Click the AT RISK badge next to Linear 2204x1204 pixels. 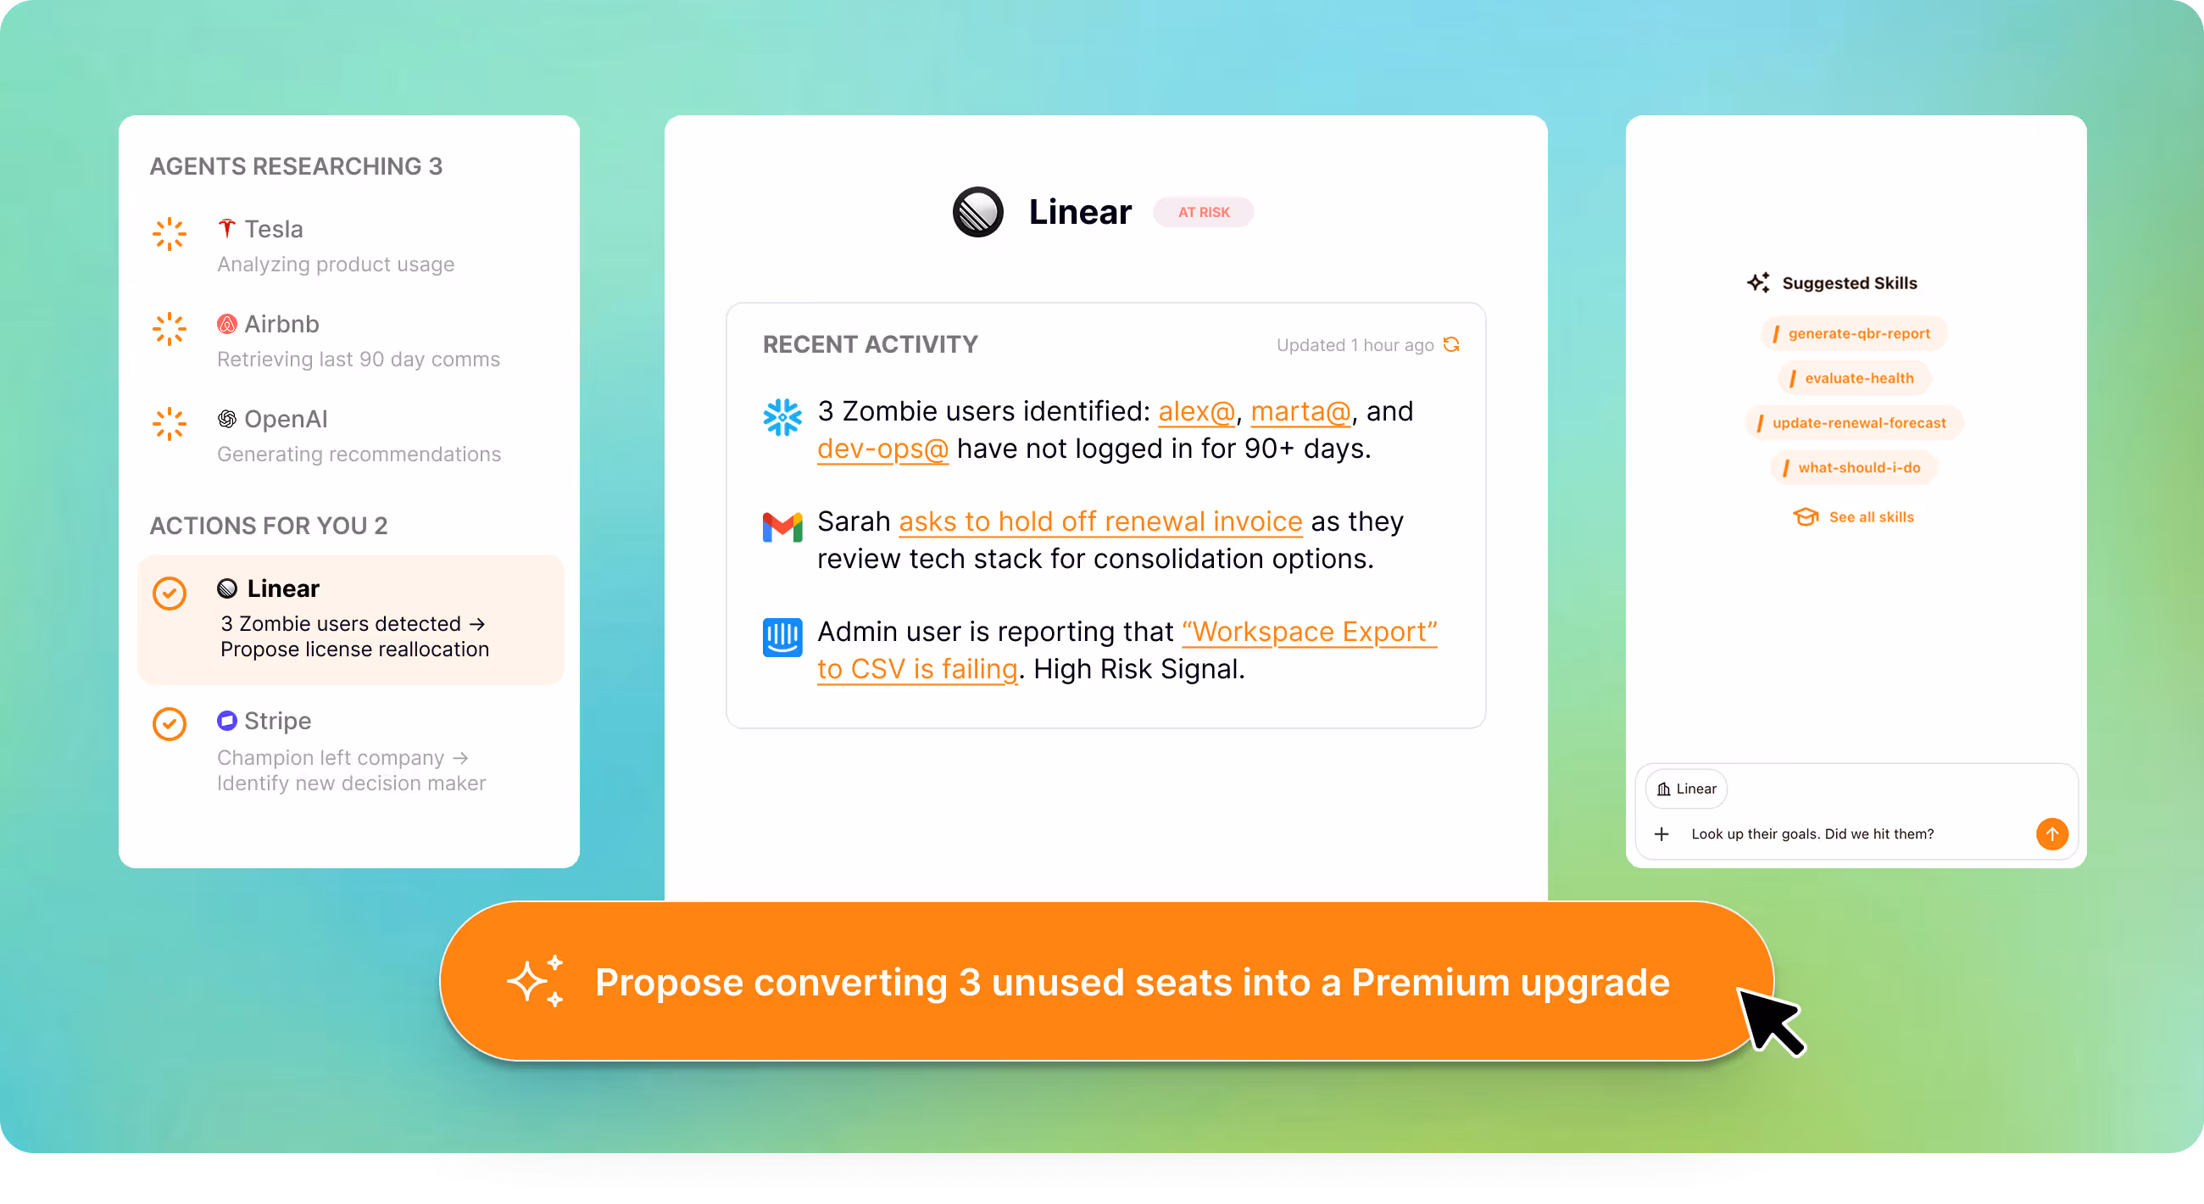pyautogui.click(x=1203, y=212)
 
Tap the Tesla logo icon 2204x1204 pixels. pyautogui.click(x=226, y=228)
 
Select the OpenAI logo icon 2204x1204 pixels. pyautogui.click(x=226, y=420)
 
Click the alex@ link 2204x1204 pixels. pyautogui.click(x=1196, y=411)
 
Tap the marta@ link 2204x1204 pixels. pyautogui.click(x=1300, y=411)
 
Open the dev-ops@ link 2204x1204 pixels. pyautogui.click(x=882, y=449)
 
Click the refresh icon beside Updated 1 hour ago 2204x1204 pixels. pyautogui.click(x=1451, y=345)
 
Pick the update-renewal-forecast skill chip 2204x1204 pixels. pyautogui.click(x=1853, y=423)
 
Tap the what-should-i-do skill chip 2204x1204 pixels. pyautogui.click(x=1853, y=467)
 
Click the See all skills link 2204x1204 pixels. pyautogui.click(x=1853, y=517)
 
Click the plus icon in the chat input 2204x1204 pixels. pyautogui.click(x=1661, y=833)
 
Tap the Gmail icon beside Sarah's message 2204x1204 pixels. pyautogui.click(x=782, y=527)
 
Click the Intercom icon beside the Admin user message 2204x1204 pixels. pyautogui.click(x=782, y=637)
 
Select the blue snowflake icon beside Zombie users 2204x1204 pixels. pyautogui.click(x=782, y=416)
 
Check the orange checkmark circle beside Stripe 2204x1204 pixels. pyautogui.click(x=170, y=724)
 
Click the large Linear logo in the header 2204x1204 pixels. pyautogui.click(x=978, y=212)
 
